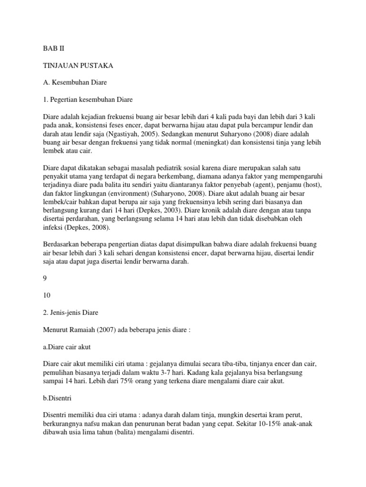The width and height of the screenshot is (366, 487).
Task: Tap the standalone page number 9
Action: pyautogui.click(x=45, y=281)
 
